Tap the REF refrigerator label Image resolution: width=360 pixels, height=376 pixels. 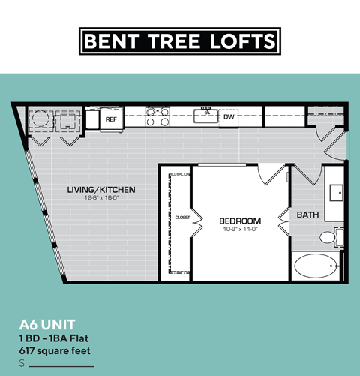pyautogui.click(x=111, y=119)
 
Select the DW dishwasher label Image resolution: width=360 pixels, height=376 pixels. pyautogui.click(x=229, y=117)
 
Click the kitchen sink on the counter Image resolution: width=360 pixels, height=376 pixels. pyautogui.click(x=204, y=116)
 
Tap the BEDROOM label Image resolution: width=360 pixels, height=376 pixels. pyautogui.click(x=239, y=220)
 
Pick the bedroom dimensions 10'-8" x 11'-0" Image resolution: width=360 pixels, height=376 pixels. pyautogui.click(x=239, y=229)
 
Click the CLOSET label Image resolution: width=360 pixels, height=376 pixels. pyautogui.click(x=182, y=218)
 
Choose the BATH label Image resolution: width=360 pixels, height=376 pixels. pyautogui.click(x=307, y=215)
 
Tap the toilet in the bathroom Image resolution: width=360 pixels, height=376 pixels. pyautogui.click(x=329, y=238)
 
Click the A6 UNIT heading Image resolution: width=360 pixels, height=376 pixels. pyautogui.click(x=46, y=325)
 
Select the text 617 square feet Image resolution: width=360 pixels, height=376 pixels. pyautogui.click(x=52, y=349)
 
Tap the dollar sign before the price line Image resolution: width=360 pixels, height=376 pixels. pyautogui.click(x=22, y=362)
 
